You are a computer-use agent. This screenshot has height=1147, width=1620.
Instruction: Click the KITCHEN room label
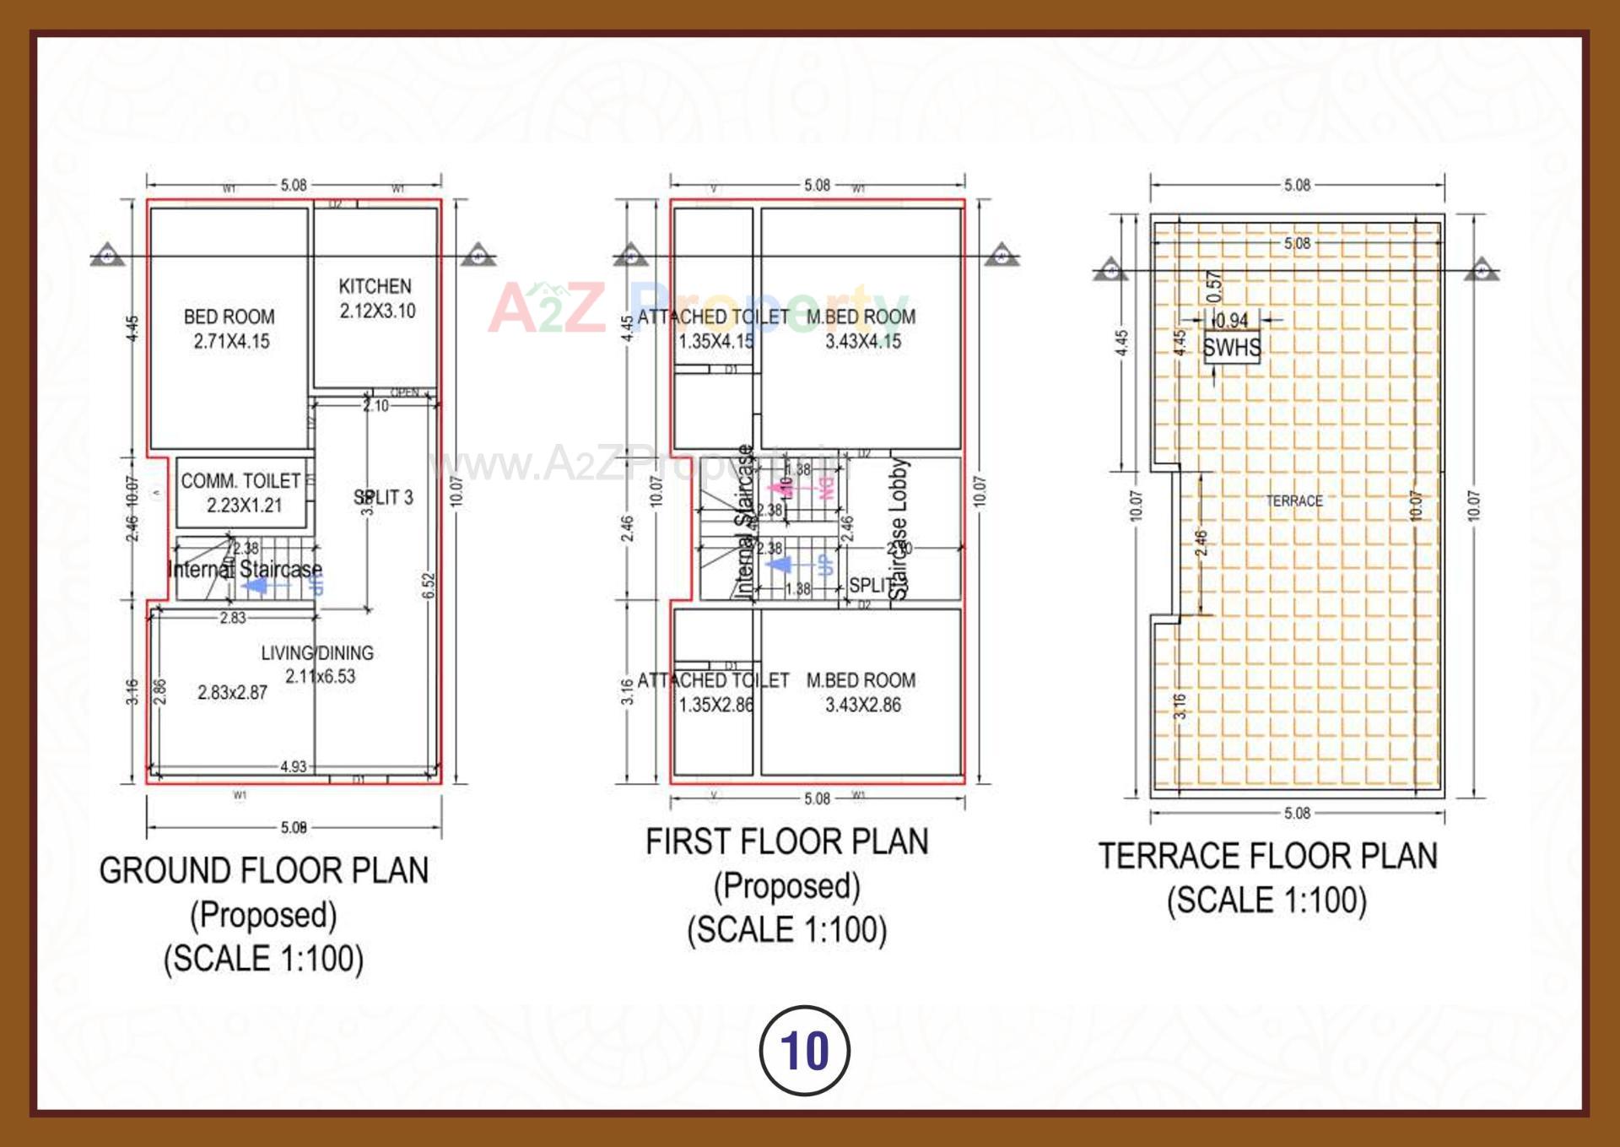375,287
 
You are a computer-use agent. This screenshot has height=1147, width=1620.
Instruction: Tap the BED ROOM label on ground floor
229,317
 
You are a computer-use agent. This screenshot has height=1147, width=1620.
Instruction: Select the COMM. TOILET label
241,481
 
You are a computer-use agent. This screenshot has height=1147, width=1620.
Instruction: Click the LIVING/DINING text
317,653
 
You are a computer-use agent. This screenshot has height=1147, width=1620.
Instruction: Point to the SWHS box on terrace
1232,348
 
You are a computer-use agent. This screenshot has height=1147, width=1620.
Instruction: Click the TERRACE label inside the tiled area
1294,501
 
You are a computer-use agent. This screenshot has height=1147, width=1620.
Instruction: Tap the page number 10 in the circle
805,1051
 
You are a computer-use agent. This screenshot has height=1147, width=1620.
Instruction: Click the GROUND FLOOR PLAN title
264,871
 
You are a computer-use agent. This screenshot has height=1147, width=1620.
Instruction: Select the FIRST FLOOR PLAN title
787,842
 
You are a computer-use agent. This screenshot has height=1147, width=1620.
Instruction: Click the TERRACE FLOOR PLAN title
1267,857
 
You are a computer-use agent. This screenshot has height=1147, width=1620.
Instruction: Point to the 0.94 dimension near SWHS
1232,321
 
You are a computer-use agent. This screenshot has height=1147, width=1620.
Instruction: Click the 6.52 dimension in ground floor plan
428,586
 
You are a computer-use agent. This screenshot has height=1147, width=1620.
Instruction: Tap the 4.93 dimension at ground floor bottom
293,766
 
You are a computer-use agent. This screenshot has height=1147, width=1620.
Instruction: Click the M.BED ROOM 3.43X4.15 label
861,329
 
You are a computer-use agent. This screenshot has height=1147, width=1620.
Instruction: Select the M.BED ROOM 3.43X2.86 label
861,692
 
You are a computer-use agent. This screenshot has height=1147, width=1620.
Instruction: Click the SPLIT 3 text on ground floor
384,498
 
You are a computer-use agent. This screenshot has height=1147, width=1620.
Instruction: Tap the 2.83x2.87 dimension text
232,693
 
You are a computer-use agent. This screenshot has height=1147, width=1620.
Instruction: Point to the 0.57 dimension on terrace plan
1213,287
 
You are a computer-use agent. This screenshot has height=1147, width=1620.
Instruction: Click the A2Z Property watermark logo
696,306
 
